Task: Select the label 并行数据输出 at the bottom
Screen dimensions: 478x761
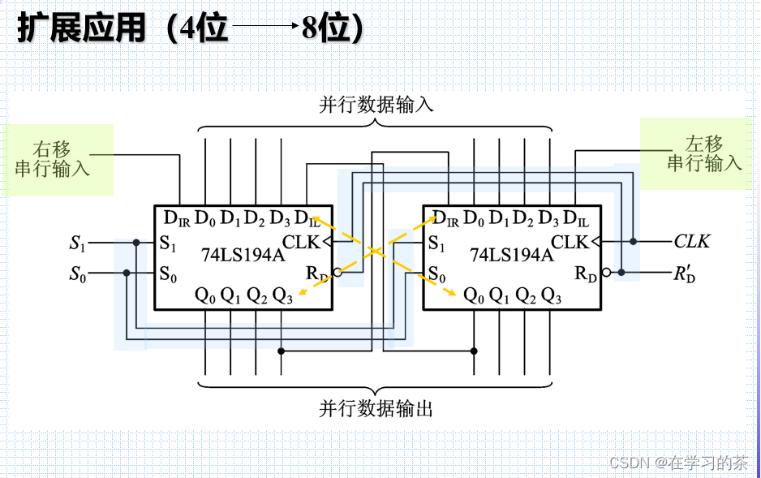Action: coord(376,408)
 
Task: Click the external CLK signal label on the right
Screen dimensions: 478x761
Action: coord(691,241)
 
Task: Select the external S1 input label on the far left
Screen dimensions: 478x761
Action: coord(78,242)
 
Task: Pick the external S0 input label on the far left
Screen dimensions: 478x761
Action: coord(78,273)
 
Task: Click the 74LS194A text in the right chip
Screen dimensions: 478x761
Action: coord(511,255)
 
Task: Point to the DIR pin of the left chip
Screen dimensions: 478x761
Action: coord(176,218)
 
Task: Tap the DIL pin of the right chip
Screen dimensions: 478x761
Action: coord(575,218)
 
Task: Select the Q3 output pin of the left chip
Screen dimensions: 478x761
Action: coord(282,295)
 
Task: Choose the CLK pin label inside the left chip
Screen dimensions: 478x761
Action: coord(301,241)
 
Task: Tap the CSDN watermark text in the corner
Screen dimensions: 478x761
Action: coord(679,463)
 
